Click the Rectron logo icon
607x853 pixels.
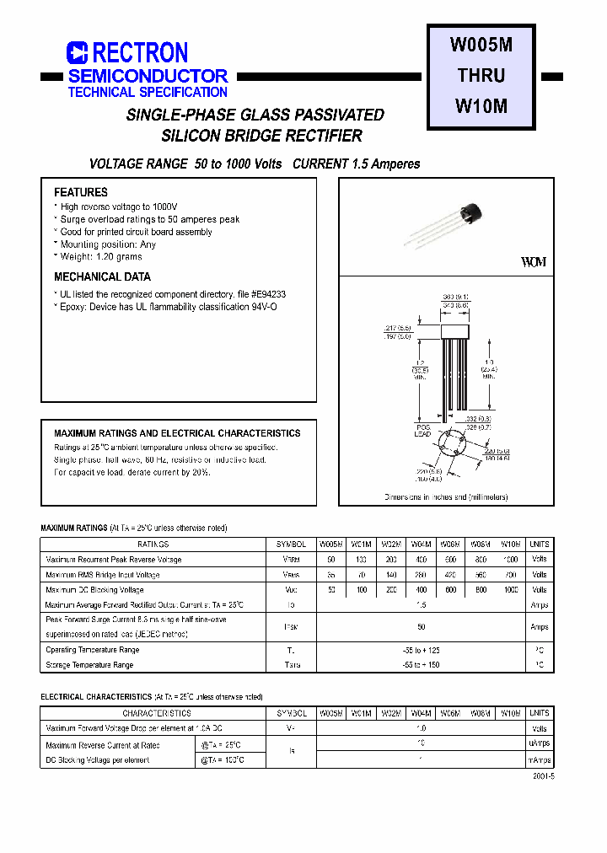point(78,53)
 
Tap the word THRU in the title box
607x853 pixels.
point(481,76)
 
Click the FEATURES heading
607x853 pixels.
point(81,192)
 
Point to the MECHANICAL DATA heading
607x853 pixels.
point(102,276)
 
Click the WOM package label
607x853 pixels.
point(534,262)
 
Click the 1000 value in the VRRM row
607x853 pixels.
point(509,560)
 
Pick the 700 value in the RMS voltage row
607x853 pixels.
point(509,575)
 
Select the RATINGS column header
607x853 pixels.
point(153,545)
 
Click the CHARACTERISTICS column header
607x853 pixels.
point(153,713)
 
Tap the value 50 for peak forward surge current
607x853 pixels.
point(422,626)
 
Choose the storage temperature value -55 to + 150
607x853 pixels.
point(422,665)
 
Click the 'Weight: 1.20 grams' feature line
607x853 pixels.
point(100,256)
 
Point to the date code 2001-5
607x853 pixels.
point(544,777)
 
